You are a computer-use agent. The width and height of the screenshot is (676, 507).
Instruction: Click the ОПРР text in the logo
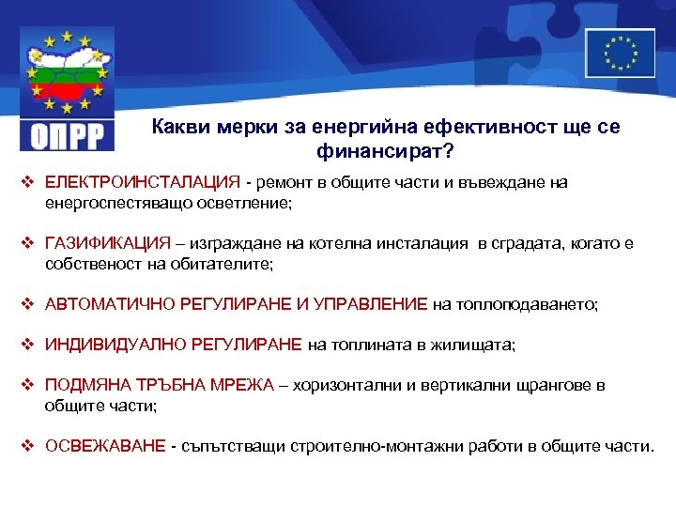click(x=67, y=135)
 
